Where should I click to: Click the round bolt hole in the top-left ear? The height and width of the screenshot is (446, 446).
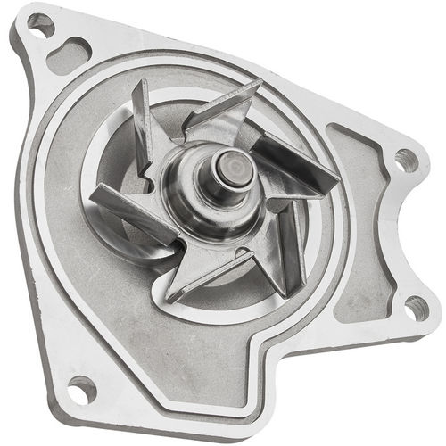coord(40,25)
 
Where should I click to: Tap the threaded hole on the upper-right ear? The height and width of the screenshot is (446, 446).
coord(406,161)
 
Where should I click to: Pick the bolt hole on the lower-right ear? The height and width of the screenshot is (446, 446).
coord(416,308)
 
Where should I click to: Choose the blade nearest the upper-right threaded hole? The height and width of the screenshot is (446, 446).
coord(294,161)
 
